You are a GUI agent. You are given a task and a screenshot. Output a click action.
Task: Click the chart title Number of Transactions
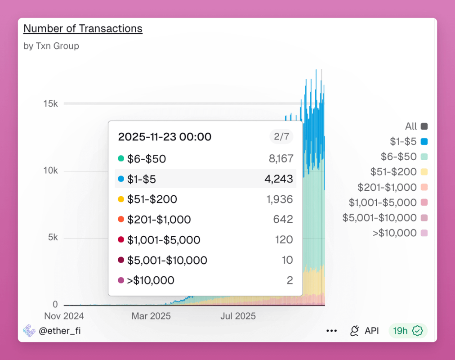pos(83,28)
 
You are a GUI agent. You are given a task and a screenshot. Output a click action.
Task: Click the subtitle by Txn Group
pos(51,46)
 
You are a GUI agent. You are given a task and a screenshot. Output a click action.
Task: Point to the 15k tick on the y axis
pos(50,103)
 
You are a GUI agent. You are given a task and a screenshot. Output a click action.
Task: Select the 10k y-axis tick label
pos(50,171)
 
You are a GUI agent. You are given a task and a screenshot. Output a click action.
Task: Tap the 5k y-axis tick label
pos(53,238)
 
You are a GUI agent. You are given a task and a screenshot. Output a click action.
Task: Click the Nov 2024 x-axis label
pos(64,316)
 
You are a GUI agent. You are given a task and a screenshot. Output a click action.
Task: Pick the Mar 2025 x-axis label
pos(151,316)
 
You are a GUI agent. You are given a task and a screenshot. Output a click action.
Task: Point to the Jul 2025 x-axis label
pos(238,316)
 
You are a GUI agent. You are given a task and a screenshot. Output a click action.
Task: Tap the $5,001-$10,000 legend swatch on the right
pos(424,218)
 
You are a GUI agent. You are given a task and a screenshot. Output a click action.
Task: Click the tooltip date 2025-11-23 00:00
pos(165,137)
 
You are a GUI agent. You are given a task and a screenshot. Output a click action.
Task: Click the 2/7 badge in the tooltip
pos(281,136)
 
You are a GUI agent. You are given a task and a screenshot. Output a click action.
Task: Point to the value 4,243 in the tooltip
pos(279,179)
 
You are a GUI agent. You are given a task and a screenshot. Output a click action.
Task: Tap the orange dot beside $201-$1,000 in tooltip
pos(120,220)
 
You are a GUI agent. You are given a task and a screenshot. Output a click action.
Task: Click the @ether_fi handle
pos(59,331)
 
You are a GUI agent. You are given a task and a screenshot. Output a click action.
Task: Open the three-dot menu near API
pos(332,331)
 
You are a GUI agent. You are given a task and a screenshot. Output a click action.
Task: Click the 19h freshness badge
pos(408,331)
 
